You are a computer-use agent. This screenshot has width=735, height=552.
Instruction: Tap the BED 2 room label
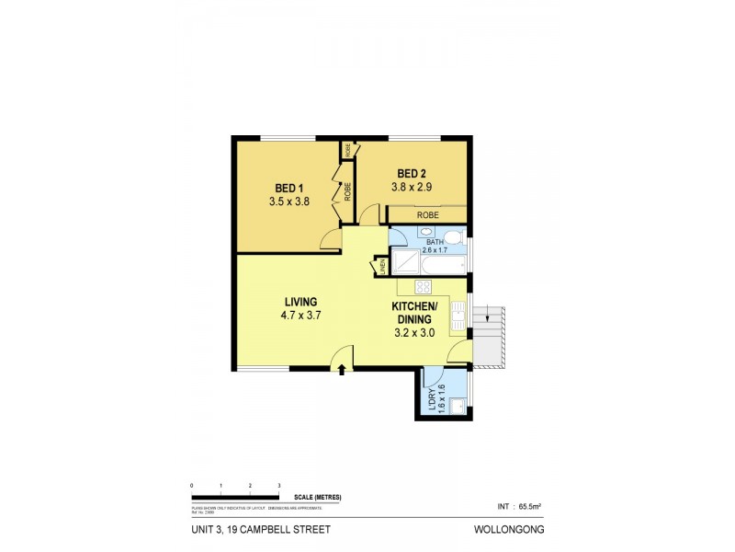pyautogui.click(x=413, y=173)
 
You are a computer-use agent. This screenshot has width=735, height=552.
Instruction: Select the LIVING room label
pyautogui.click(x=300, y=301)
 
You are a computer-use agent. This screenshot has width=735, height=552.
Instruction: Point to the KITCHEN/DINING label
pyautogui.click(x=415, y=313)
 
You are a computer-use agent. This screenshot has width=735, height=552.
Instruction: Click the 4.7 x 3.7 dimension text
pyautogui.click(x=300, y=315)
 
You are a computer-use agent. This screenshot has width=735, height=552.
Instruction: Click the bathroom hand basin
pyautogui.click(x=402, y=236)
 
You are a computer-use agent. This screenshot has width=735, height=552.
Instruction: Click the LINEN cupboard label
pyautogui.click(x=381, y=267)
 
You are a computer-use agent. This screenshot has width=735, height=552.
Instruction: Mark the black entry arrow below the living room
pyautogui.click(x=342, y=370)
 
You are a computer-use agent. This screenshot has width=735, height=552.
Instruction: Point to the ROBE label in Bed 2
pyautogui.click(x=427, y=214)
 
